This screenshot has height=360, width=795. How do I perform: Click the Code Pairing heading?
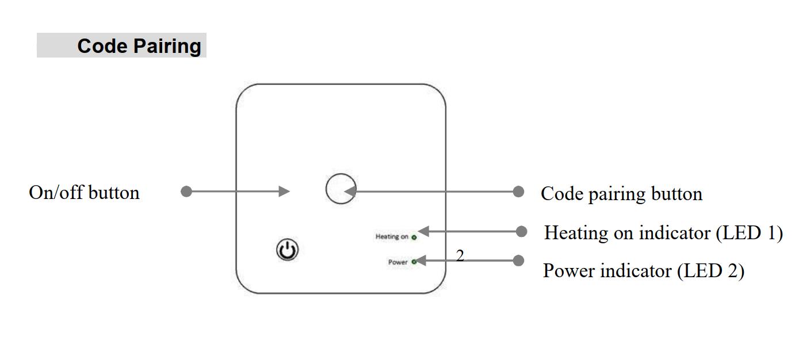point(139,46)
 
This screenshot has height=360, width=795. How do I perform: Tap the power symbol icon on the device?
point(287,250)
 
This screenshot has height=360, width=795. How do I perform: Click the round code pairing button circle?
point(341,189)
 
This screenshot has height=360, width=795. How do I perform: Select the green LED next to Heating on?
point(414,237)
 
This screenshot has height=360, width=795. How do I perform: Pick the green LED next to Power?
point(414,262)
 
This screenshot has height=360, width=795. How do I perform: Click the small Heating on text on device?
point(392,236)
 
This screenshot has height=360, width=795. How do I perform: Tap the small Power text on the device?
point(397,262)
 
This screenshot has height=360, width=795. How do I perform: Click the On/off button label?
point(84,192)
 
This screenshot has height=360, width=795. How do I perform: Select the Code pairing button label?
point(621,194)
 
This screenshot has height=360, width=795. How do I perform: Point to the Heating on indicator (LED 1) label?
point(663,233)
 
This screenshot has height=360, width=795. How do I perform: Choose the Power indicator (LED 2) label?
point(644,270)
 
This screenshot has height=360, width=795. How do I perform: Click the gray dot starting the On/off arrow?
point(186,192)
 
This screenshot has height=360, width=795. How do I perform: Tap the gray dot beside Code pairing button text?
point(518,191)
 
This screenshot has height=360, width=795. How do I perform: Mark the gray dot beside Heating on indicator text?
point(521,231)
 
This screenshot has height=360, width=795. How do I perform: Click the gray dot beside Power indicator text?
point(518,261)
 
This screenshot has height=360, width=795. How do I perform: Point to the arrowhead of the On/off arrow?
point(284,192)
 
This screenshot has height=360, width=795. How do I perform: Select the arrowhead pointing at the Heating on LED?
point(425,231)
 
